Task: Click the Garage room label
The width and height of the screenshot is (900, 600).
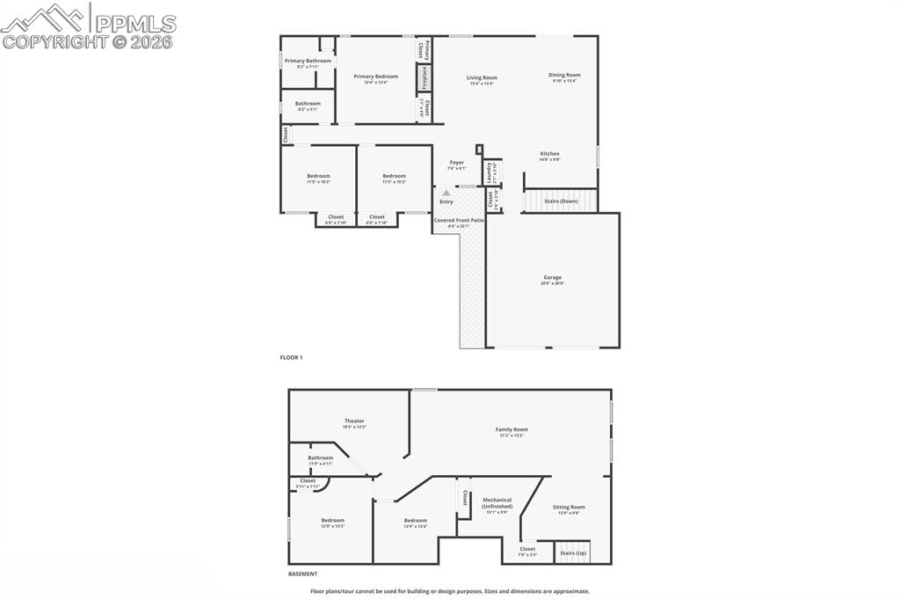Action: pos(552,277)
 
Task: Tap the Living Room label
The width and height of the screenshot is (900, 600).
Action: pos(481,77)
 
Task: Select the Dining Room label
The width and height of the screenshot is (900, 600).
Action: pos(564,75)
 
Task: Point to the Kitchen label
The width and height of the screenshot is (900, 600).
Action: pos(549,154)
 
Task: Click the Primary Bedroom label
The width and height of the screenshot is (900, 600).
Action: pos(375,77)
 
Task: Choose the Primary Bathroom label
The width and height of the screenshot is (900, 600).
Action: pos(308,61)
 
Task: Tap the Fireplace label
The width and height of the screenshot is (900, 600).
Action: pos(424,77)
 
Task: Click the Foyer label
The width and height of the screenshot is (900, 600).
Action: pos(457,163)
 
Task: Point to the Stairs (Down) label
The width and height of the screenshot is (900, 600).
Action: pos(561,201)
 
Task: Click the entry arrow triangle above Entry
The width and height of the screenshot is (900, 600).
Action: pos(446,192)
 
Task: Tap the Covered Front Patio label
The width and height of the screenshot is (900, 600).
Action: pos(459,220)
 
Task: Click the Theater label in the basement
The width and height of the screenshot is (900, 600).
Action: pos(354,421)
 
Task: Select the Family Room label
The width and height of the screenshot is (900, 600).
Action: pos(511,429)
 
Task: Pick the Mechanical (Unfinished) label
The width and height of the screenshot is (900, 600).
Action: pos(497,503)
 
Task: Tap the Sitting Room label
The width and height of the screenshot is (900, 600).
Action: pos(569,507)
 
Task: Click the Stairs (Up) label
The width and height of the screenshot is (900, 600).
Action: pos(573,552)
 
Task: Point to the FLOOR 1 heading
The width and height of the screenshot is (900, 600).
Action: pos(291,358)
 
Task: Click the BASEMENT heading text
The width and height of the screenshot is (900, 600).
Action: pos(303,574)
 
